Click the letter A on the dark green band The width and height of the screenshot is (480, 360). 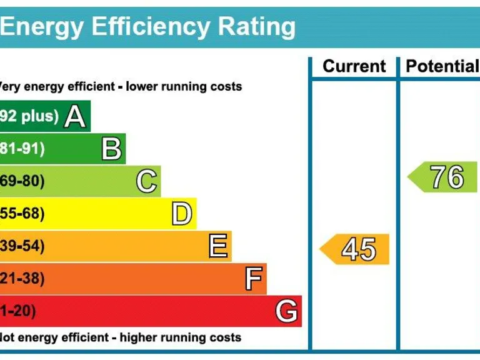75,116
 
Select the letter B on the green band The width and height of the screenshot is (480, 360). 111,149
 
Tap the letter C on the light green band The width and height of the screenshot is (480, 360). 146,181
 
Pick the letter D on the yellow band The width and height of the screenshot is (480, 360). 181,214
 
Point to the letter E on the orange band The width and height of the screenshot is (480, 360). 217,246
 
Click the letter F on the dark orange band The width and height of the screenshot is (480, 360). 252,279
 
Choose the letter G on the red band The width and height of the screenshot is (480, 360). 287,311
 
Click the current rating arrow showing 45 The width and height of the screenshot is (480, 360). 355,249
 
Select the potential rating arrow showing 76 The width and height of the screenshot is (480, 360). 442,177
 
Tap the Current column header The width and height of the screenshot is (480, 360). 354,66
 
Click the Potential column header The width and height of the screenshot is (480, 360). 441,66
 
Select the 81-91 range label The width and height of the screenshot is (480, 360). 22,149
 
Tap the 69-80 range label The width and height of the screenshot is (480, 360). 22,181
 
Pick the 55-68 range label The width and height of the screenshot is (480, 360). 22,214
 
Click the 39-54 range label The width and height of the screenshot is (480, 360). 22,246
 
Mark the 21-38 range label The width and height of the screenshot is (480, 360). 22,279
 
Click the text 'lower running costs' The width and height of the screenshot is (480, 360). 184,86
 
